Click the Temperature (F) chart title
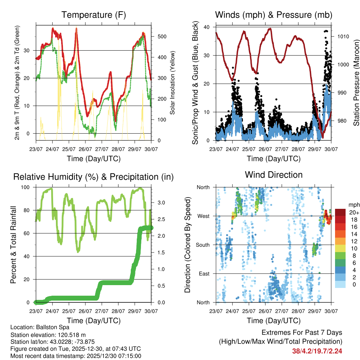point(94,15)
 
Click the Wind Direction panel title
point(274,174)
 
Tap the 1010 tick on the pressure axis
point(342,36)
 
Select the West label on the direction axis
point(203,216)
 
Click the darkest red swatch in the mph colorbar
point(340,212)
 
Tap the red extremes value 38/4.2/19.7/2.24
point(317,351)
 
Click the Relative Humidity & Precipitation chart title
point(94,177)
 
